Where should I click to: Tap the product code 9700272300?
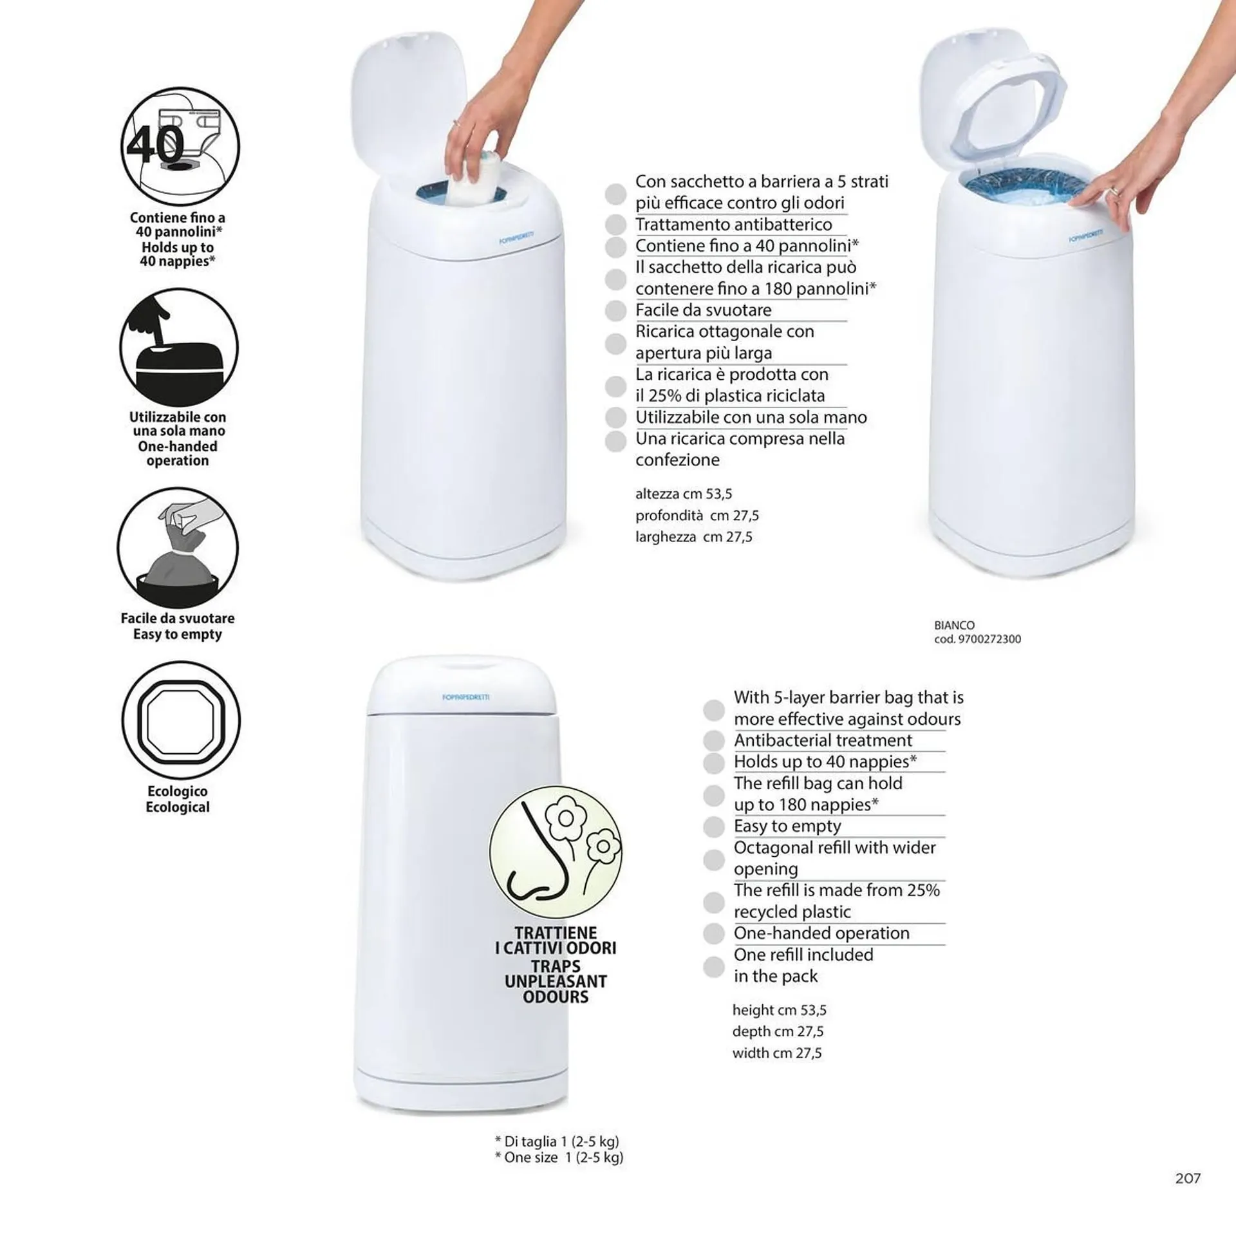tap(989, 639)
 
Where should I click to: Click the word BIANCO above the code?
tap(954, 625)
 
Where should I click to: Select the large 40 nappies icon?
tap(180, 146)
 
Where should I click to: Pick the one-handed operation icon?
tap(179, 348)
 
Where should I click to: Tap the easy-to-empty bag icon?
tap(178, 548)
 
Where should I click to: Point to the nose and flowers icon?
tap(556, 852)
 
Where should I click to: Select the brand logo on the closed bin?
tap(466, 697)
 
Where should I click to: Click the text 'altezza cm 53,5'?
tap(684, 494)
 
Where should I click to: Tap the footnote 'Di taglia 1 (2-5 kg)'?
tap(557, 1141)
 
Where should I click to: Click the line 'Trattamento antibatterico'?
tap(734, 224)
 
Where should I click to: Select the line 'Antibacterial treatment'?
tap(823, 740)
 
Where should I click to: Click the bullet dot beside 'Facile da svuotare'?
tap(615, 311)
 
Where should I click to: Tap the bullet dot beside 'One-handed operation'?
tap(713, 933)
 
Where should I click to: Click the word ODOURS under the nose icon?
tap(556, 997)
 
